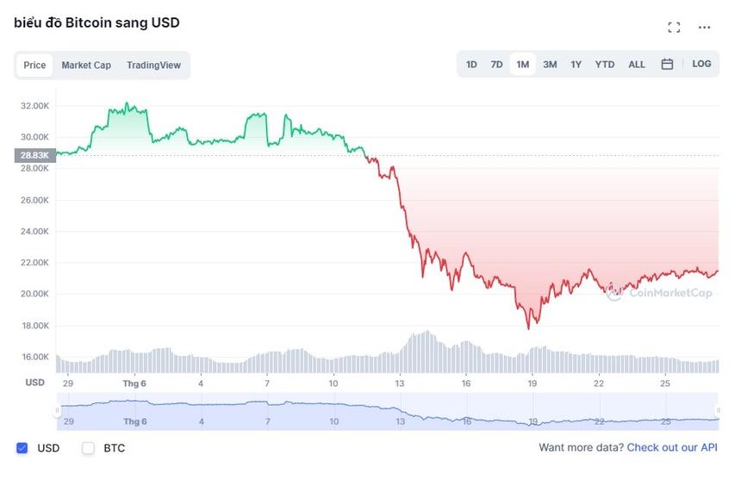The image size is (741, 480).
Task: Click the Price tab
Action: tap(34, 65)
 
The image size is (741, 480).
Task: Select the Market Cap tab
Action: tap(86, 65)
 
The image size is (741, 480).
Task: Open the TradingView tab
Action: tap(153, 65)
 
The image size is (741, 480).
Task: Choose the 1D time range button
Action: tap(471, 65)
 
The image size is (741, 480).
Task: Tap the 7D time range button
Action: tap(496, 65)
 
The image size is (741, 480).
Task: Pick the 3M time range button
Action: tap(550, 65)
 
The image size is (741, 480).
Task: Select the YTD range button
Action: tap(605, 65)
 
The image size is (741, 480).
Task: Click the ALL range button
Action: tap(637, 65)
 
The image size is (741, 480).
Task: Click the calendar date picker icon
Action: tap(667, 65)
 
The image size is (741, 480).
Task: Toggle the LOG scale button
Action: tap(702, 64)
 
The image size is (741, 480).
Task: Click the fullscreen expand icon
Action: tap(674, 28)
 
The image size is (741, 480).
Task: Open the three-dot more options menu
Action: tap(705, 28)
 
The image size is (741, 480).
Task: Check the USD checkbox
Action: tap(22, 448)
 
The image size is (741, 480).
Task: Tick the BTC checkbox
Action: tap(88, 448)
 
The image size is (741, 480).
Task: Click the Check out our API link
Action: tap(671, 448)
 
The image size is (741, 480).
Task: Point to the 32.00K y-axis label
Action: tap(35, 106)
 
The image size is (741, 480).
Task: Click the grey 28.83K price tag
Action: tap(34, 155)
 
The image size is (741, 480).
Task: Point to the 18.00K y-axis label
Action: tap(35, 326)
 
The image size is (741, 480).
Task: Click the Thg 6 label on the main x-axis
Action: tap(135, 383)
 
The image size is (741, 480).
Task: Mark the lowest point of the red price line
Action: tap(529, 328)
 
